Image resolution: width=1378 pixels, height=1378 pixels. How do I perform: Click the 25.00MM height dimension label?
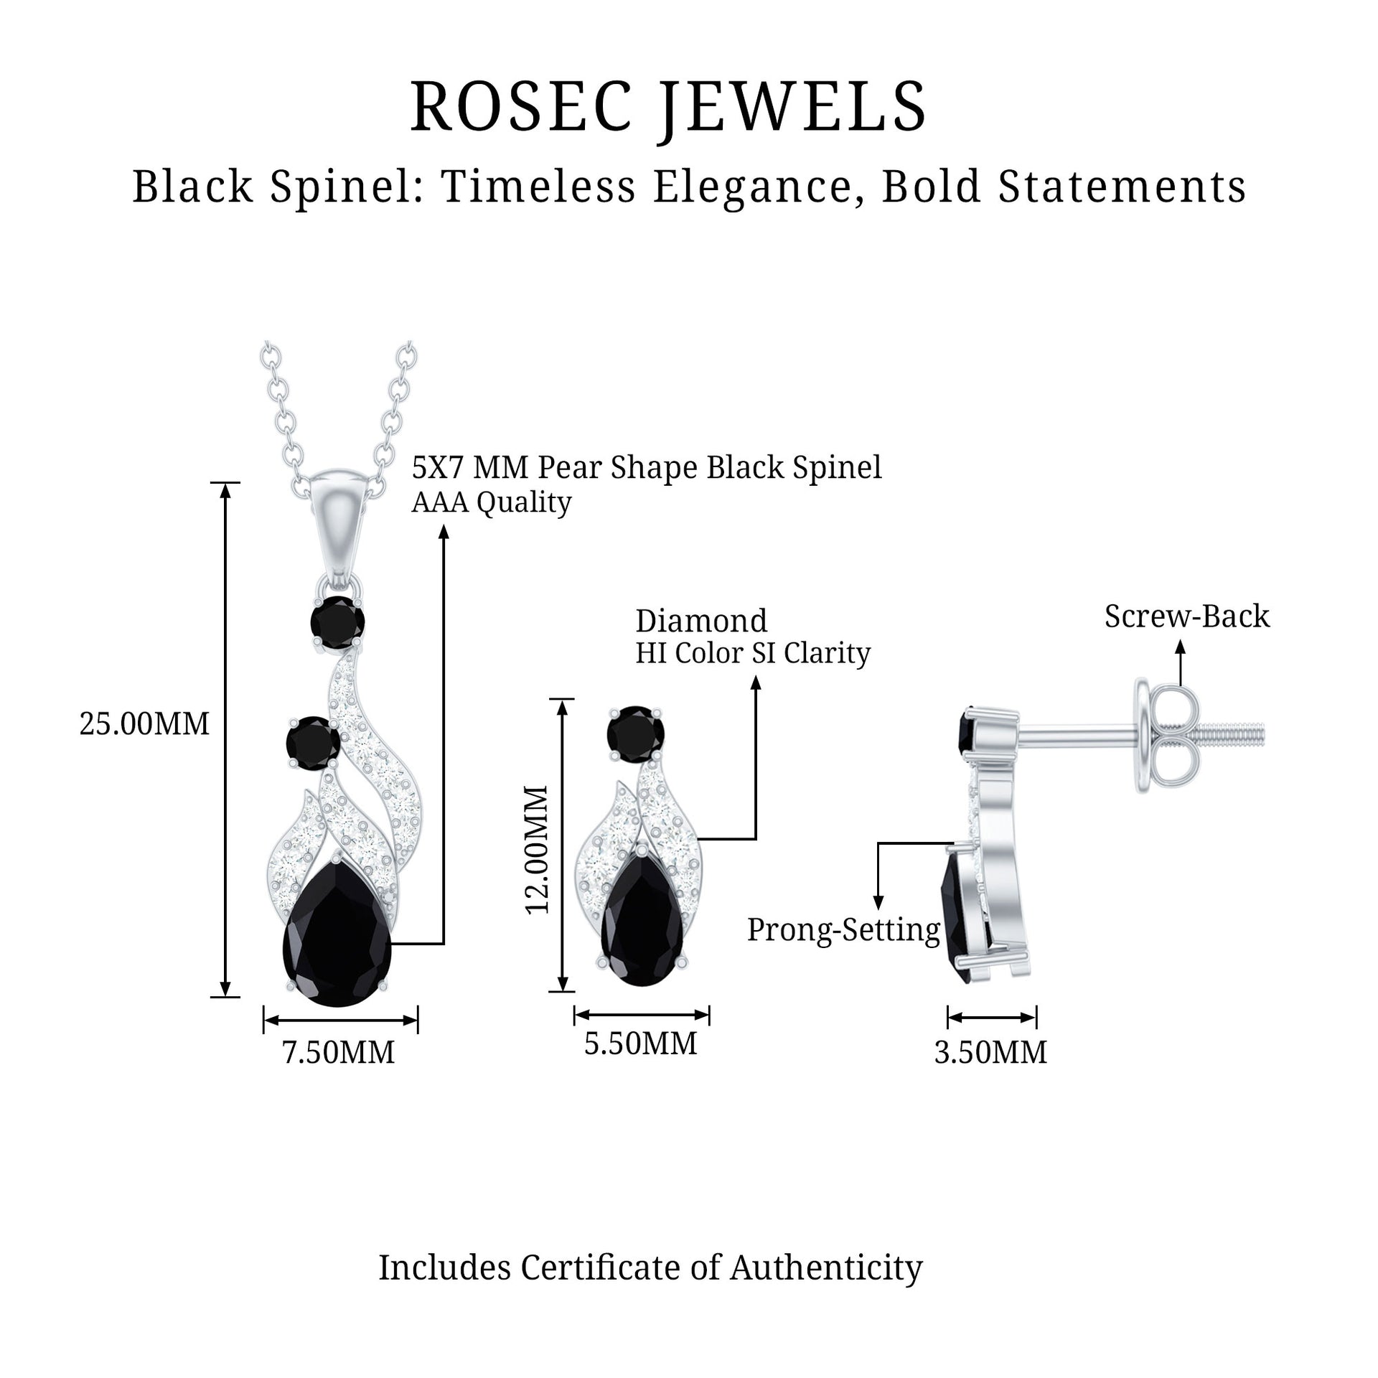click(x=144, y=724)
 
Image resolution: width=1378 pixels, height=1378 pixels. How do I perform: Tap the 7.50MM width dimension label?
click(x=339, y=1053)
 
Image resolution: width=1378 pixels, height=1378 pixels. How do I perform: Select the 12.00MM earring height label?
click(x=538, y=849)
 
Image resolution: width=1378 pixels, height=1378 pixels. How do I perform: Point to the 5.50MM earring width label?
click(x=641, y=1044)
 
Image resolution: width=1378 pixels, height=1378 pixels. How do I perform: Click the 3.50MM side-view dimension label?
click(x=990, y=1053)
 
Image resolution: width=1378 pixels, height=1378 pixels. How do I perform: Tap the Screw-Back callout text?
click(x=1186, y=617)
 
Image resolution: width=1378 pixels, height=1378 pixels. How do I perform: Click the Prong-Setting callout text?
click(x=843, y=929)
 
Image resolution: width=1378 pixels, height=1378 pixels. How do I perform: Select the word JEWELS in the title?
click(x=793, y=108)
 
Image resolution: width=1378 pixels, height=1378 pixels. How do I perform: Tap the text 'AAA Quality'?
click(x=492, y=502)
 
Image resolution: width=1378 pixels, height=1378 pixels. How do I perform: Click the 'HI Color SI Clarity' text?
click(x=753, y=653)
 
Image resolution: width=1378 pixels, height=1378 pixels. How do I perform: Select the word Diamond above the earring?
click(x=701, y=621)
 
